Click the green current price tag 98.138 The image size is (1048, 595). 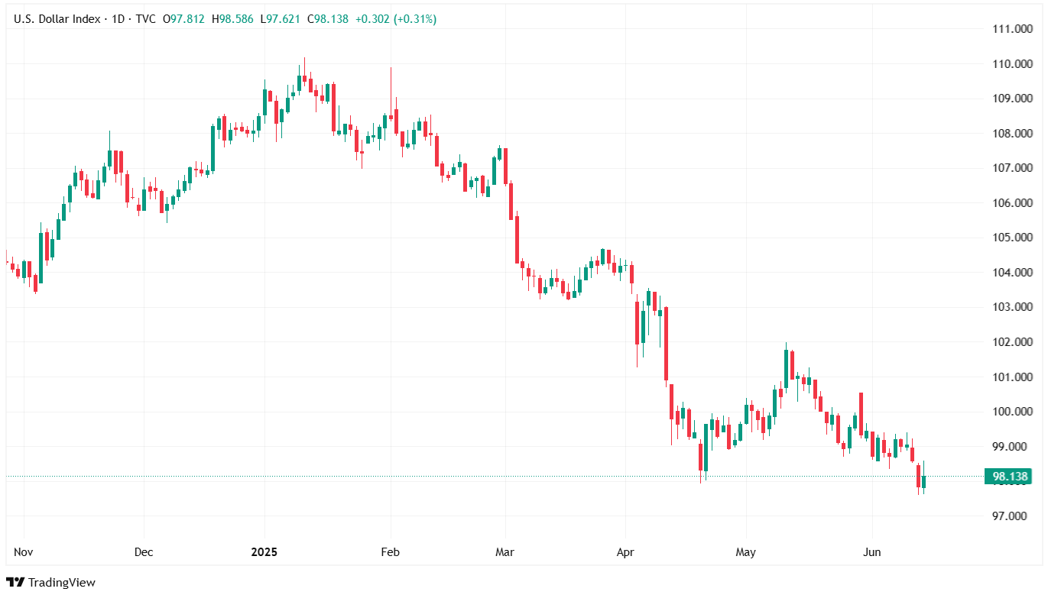[x=1009, y=477]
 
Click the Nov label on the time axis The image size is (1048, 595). [x=24, y=551]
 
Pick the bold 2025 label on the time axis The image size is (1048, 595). [x=264, y=551]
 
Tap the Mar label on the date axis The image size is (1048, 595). [x=505, y=551]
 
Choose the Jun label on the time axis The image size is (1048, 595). [x=871, y=551]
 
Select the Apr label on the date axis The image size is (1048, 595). [x=625, y=551]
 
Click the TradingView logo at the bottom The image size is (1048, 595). [x=53, y=582]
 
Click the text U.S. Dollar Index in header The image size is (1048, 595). [x=57, y=19]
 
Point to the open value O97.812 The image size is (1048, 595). [x=183, y=19]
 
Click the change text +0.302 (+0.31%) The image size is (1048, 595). [x=396, y=19]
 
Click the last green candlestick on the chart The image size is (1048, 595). [x=923, y=481]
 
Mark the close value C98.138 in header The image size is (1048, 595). [x=328, y=19]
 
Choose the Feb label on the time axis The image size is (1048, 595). [x=390, y=551]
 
